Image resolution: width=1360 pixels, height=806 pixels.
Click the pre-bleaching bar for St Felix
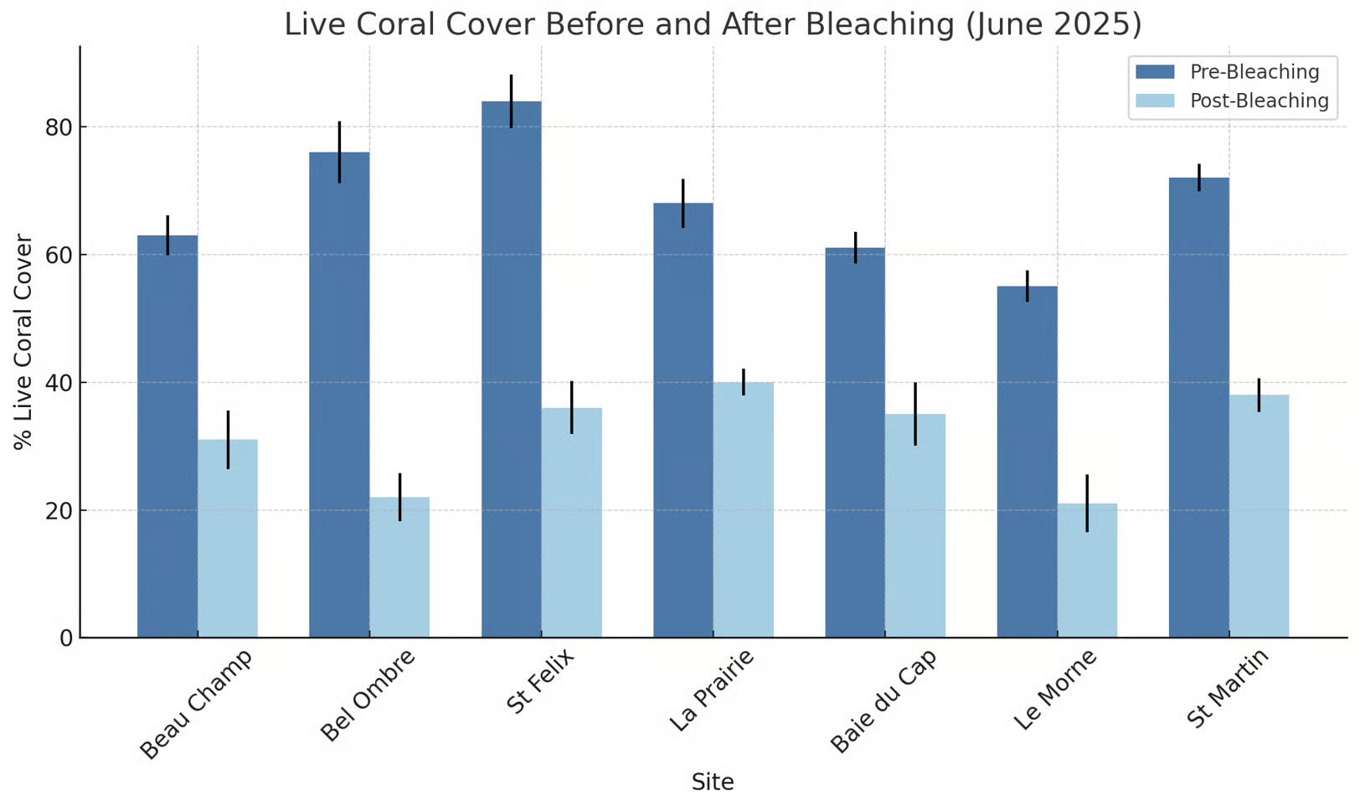(511, 369)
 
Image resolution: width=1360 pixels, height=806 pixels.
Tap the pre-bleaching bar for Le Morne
(1027, 462)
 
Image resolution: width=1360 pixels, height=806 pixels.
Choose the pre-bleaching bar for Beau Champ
(167, 436)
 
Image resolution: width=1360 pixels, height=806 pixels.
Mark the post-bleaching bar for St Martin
(1259, 516)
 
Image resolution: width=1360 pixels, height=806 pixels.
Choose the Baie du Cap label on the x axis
(883, 701)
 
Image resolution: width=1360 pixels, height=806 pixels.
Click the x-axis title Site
(713, 783)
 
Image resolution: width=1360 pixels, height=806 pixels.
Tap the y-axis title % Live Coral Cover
(23, 342)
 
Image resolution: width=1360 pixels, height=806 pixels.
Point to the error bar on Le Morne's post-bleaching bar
(1087, 503)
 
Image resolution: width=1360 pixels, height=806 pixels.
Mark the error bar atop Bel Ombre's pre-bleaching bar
(339, 152)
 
